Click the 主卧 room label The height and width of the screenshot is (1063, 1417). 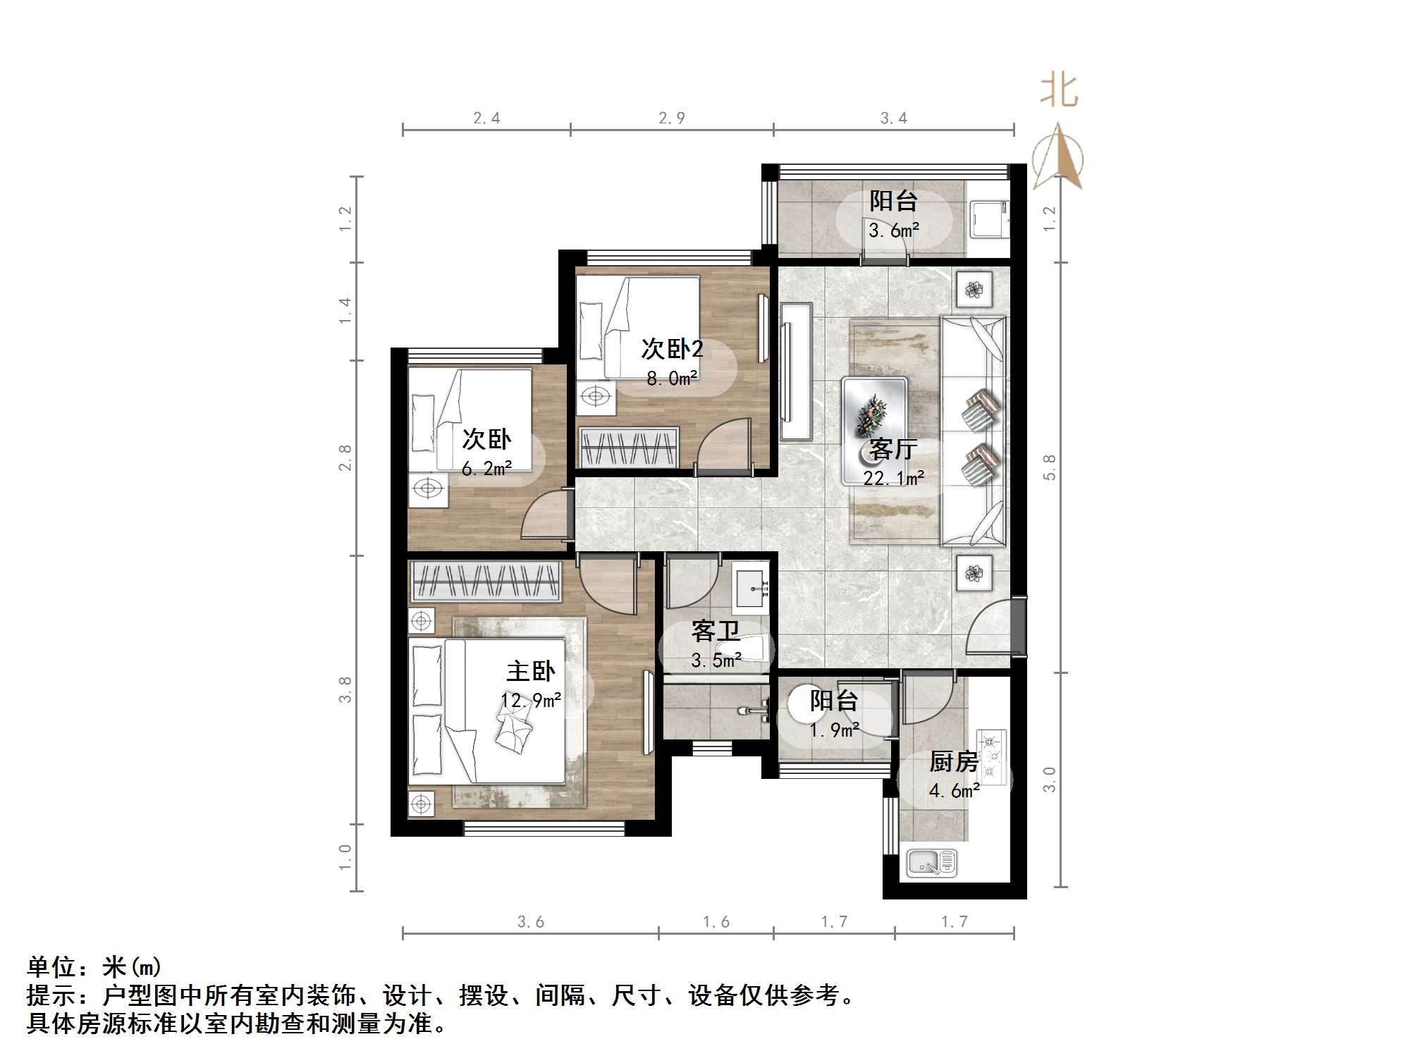pos(530,670)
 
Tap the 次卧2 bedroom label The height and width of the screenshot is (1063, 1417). pos(672,349)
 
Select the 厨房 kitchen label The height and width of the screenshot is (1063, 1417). pos(954,761)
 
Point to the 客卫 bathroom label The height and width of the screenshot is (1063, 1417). pos(716,631)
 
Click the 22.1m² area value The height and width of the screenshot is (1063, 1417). pos(893,478)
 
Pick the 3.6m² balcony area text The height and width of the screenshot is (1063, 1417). pos(893,230)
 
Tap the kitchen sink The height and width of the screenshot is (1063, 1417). pos(931,862)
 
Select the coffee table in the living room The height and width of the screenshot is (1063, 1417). pos(874,431)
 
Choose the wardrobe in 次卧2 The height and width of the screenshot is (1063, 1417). pos(629,447)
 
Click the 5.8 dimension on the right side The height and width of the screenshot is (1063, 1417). pos(1049,467)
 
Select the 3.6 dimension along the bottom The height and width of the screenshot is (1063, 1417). pos(530,921)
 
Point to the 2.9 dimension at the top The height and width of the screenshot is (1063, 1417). pos(671,118)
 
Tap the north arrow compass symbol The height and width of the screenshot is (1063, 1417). pos(1057,156)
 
